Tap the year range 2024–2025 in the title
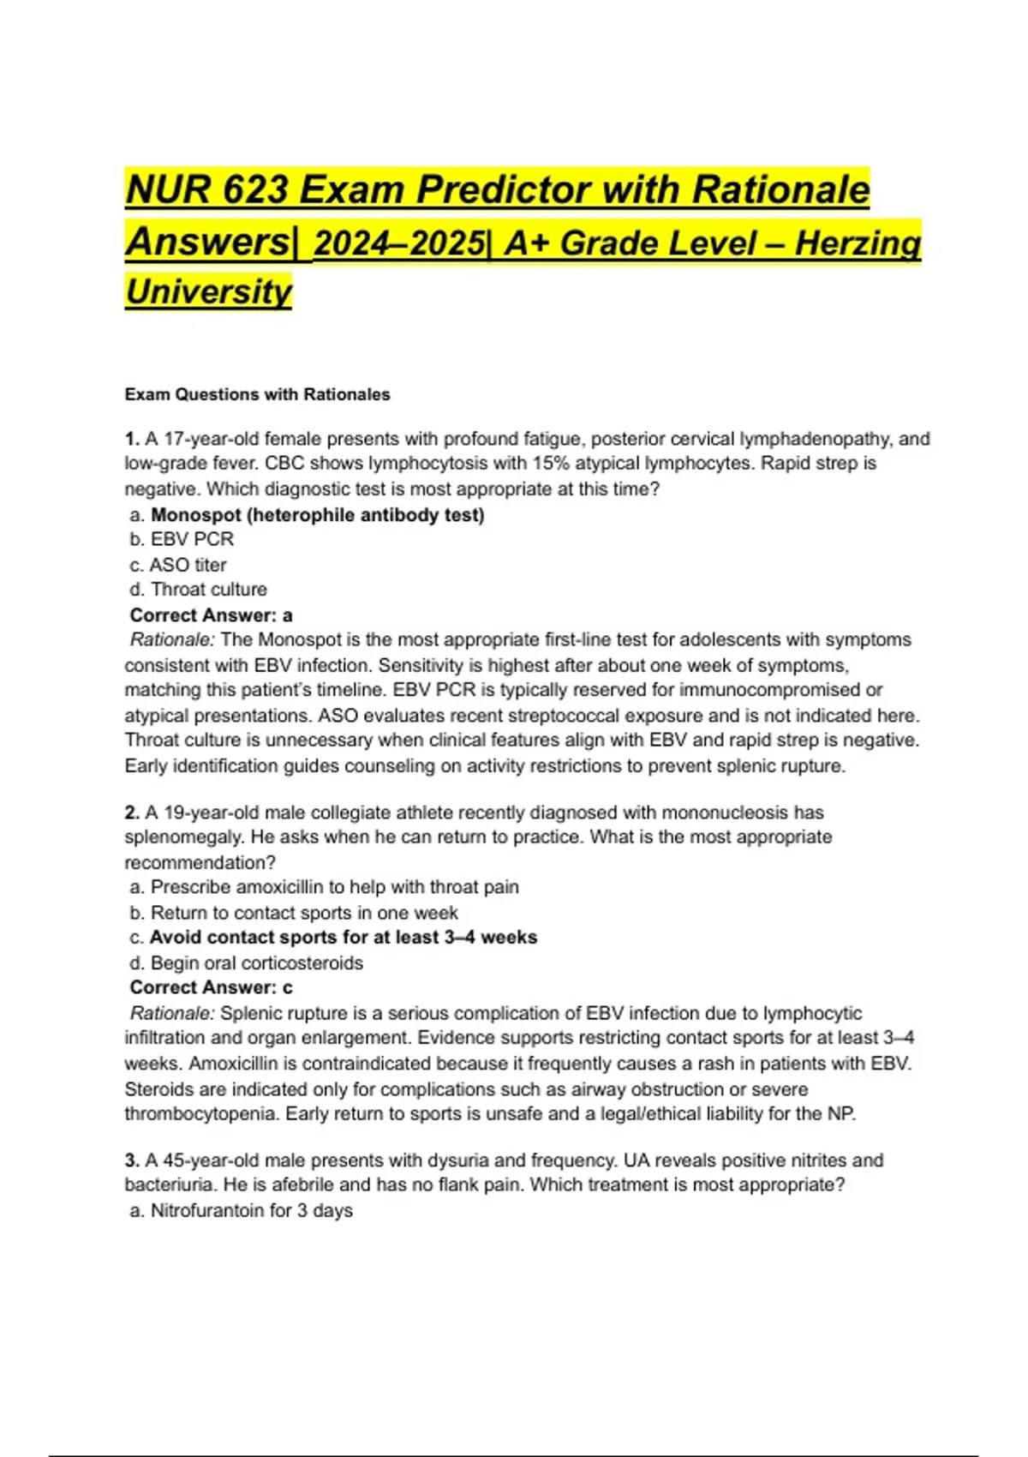pyautogui.click(x=399, y=243)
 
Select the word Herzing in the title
pyautogui.click(x=858, y=243)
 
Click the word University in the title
pyautogui.click(x=208, y=291)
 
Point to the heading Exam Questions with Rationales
pyautogui.click(x=257, y=394)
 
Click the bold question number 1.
pyautogui.click(x=132, y=439)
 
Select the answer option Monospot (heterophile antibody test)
pyautogui.click(x=317, y=515)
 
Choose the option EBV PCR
pyautogui.click(x=192, y=539)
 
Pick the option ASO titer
pyautogui.click(x=188, y=565)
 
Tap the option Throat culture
pyautogui.click(x=208, y=590)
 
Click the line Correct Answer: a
pyautogui.click(x=211, y=615)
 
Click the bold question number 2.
pyautogui.click(x=132, y=812)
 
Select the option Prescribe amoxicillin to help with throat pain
pyautogui.click(x=334, y=887)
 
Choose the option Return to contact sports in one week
pyautogui.click(x=304, y=913)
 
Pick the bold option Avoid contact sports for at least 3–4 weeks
pyautogui.click(x=343, y=938)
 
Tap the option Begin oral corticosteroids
pyautogui.click(x=256, y=962)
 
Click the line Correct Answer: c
pyautogui.click(x=211, y=987)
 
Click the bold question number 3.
pyautogui.click(x=132, y=1160)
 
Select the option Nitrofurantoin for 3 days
pyautogui.click(x=251, y=1211)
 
